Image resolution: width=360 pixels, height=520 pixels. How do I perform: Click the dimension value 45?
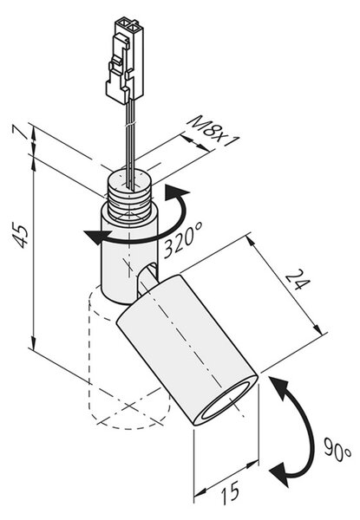20,237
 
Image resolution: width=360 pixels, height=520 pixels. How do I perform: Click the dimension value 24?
298,279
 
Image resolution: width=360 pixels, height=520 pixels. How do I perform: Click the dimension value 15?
231,492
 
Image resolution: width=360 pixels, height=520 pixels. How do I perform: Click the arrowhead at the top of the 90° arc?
279,387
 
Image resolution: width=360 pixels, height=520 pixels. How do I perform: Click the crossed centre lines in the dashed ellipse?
130,407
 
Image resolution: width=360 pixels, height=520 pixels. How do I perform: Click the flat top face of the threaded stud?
128,180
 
